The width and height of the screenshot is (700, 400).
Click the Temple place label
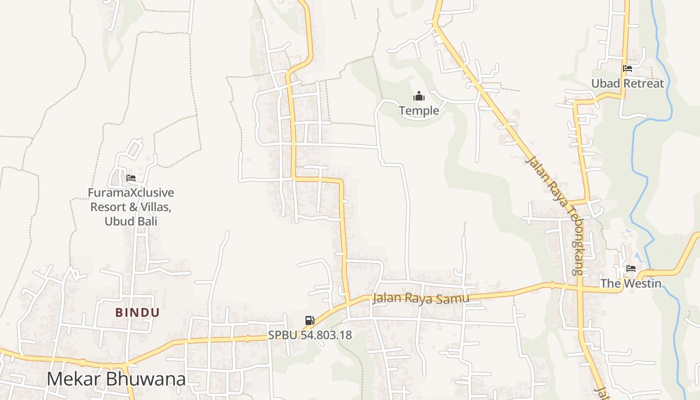[x=419, y=110]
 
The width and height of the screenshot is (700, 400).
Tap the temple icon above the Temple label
[x=419, y=96]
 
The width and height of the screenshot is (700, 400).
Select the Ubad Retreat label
[x=627, y=83]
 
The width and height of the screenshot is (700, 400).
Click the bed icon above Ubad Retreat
[x=627, y=68]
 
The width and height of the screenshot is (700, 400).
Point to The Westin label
[x=630, y=283]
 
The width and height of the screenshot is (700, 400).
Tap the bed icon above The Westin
[x=630, y=268]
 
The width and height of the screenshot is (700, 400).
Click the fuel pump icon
[x=310, y=320]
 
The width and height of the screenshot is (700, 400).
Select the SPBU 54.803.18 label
[x=310, y=335]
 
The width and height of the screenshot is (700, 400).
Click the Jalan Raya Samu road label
[x=421, y=298]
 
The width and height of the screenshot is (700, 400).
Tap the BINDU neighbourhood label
[x=137, y=313]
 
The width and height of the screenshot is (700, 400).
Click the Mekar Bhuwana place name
[x=116, y=379]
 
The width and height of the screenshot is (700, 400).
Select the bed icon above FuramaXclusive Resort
[x=131, y=177]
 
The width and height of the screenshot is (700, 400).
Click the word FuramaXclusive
[x=131, y=192]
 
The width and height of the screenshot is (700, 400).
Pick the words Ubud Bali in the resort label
[x=131, y=221]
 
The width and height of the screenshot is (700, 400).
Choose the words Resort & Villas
[x=131, y=206]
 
